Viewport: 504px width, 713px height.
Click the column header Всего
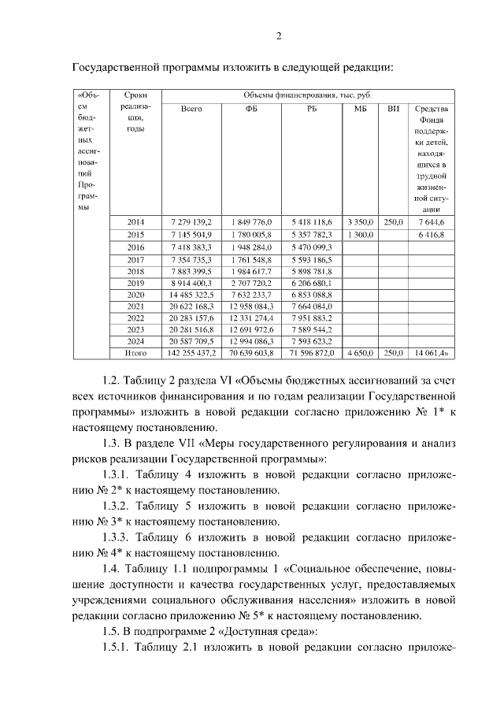[191, 109]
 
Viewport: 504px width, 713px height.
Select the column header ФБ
[251, 109]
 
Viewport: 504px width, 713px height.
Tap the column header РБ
[312, 109]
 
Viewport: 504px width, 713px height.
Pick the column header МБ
[361, 109]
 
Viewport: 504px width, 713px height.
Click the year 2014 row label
[135, 222]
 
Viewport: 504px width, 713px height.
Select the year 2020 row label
[135, 294]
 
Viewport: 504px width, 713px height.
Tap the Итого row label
[135, 354]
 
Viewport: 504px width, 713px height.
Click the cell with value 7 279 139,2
[191, 222]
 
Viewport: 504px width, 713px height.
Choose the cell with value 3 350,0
[361, 222]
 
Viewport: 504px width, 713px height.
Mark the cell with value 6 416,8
[431, 235]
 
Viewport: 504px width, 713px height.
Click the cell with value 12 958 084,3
[251, 306]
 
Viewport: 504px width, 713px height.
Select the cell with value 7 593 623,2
[312, 342]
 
